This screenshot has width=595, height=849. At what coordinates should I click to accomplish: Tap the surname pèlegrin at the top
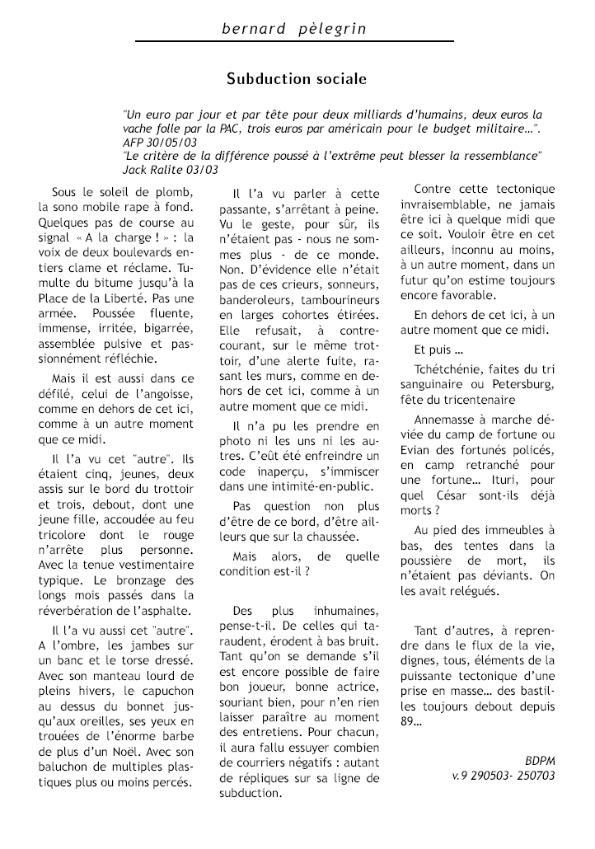pos(329,30)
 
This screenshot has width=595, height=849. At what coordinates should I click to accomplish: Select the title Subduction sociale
pos(297,79)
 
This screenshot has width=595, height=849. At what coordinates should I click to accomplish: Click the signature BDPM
pos(540,760)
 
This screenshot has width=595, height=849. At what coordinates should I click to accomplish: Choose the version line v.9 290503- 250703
pos(504,776)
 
